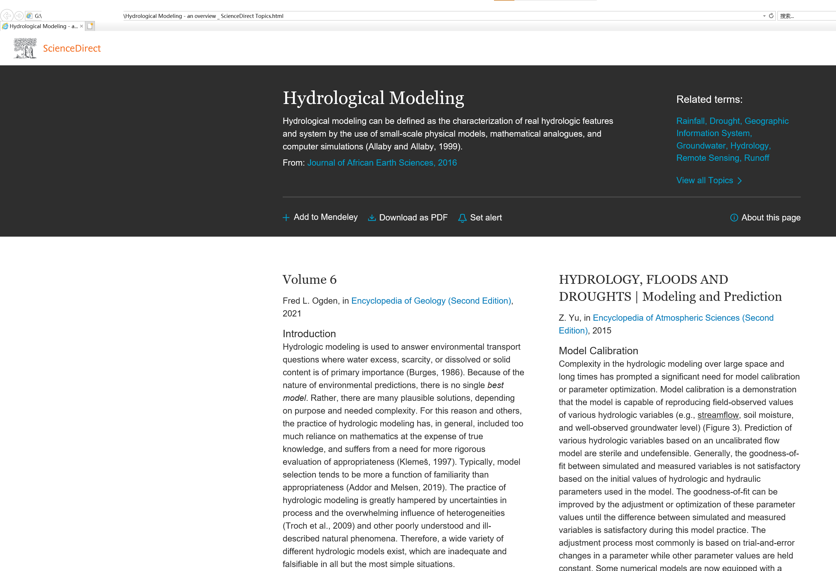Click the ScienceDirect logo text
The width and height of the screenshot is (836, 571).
tap(72, 48)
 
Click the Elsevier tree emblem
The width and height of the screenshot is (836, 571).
tap(25, 48)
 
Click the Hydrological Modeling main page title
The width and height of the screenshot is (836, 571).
tap(373, 98)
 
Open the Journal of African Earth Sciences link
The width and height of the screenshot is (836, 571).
tap(382, 162)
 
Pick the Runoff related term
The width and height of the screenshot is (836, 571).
tap(756, 158)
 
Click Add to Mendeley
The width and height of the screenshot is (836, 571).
tap(325, 217)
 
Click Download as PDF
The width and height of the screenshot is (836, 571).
tap(413, 217)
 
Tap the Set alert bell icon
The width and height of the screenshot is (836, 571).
tap(462, 218)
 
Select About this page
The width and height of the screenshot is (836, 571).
tap(771, 217)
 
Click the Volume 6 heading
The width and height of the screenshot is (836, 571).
tap(309, 280)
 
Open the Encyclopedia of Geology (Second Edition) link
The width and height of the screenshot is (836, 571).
tap(431, 301)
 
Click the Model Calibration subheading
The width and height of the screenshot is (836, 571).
tap(598, 351)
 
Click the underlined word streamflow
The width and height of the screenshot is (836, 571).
tap(718, 415)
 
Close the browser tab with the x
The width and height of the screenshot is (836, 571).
tap(82, 26)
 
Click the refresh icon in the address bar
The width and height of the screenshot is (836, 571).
tap(771, 16)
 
